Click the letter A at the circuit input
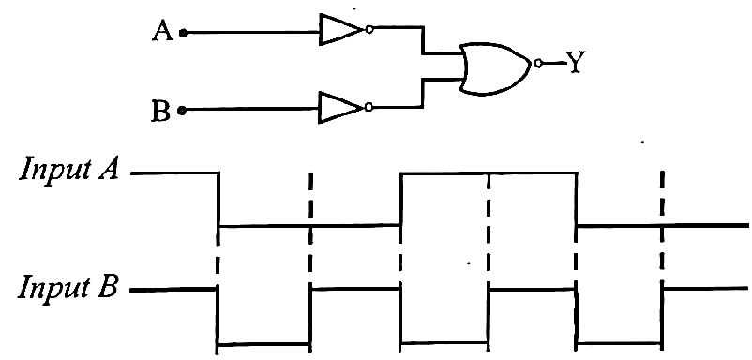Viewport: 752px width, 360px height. tap(162, 32)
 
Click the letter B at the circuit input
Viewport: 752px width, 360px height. tap(160, 112)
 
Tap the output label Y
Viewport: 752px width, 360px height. tap(575, 62)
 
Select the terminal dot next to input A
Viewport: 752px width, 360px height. tap(183, 33)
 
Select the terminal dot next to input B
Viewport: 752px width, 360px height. tap(181, 111)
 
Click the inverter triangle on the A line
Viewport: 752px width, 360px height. tap(341, 30)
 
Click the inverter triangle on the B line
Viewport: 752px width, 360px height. tap(340, 108)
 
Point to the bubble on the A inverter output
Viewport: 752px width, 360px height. tap(368, 30)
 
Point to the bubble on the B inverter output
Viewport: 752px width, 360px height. tap(368, 108)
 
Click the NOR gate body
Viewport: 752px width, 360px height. tap(495, 68)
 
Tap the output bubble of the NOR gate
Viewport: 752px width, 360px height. tap(538, 63)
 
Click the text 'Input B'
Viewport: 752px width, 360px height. tap(68, 288)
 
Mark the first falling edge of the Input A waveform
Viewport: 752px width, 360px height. tap(218, 199)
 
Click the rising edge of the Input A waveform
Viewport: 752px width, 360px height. tap(400, 199)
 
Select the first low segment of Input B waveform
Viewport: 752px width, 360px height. tap(263, 344)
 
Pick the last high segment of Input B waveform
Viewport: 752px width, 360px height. tap(705, 288)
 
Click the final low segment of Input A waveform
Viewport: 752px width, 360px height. tap(662, 225)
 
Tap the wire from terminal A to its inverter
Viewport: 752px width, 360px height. tap(253, 33)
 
